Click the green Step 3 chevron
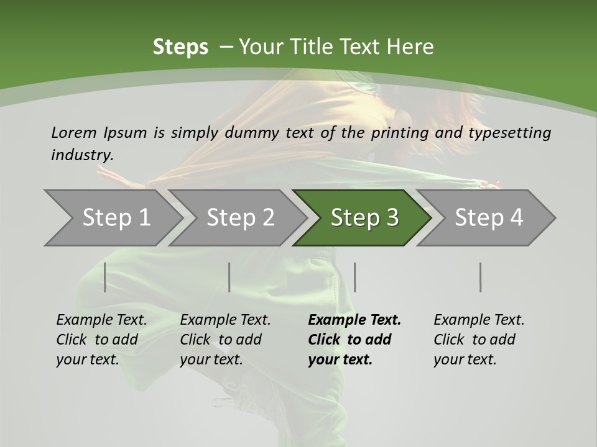[x=364, y=218]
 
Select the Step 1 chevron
[x=116, y=218]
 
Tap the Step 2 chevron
[x=240, y=218]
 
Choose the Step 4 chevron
[x=488, y=218]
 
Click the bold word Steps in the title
[x=180, y=47]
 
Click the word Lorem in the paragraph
[x=74, y=132]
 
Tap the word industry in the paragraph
[x=82, y=155]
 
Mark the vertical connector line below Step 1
[x=105, y=277]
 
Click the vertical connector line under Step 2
[x=229, y=277]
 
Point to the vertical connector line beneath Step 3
[x=354, y=277]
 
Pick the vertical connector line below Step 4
[x=480, y=277]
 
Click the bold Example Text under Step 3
[x=354, y=320]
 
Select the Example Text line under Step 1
[x=101, y=320]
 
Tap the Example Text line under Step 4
[x=479, y=320]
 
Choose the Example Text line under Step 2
[x=225, y=320]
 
